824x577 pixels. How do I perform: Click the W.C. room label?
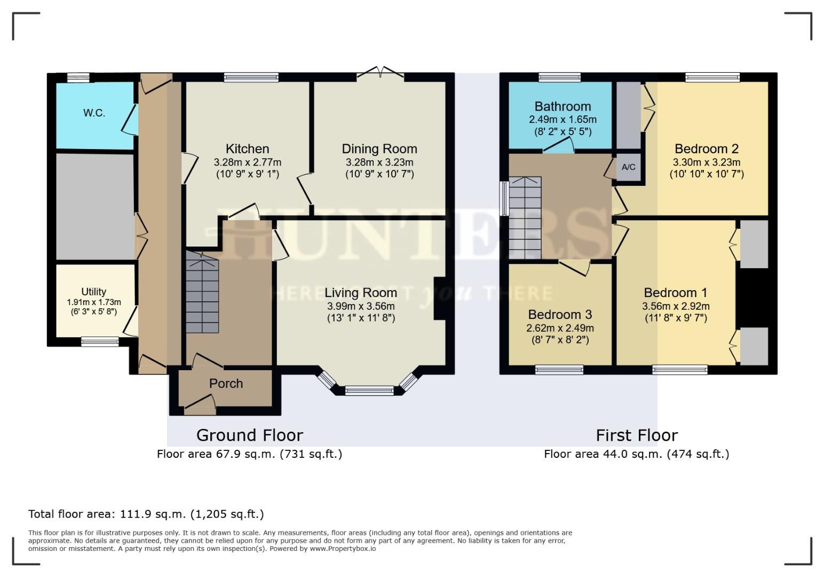tap(94, 113)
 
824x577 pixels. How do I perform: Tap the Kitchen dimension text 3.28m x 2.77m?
tap(247, 162)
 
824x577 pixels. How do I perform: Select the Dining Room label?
tap(379, 149)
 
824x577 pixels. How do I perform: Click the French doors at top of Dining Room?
tap(380, 73)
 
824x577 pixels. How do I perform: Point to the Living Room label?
tap(361, 293)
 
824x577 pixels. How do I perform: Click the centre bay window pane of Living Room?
tap(369, 391)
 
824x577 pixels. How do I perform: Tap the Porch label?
tap(226, 384)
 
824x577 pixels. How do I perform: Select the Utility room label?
tap(93, 292)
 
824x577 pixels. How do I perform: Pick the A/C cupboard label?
tap(629, 167)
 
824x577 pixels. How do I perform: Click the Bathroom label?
tap(562, 106)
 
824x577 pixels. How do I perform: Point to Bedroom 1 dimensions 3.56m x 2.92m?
tap(676, 306)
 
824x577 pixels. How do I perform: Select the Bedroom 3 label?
tap(560, 315)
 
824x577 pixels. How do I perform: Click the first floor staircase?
tap(525, 218)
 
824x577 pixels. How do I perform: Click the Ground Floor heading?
tap(250, 435)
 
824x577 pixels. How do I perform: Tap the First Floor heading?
tap(637, 435)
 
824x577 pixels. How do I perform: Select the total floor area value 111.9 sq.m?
tap(152, 514)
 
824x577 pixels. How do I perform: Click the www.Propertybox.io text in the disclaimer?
tap(343, 549)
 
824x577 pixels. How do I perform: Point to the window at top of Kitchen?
tap(251, 77)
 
